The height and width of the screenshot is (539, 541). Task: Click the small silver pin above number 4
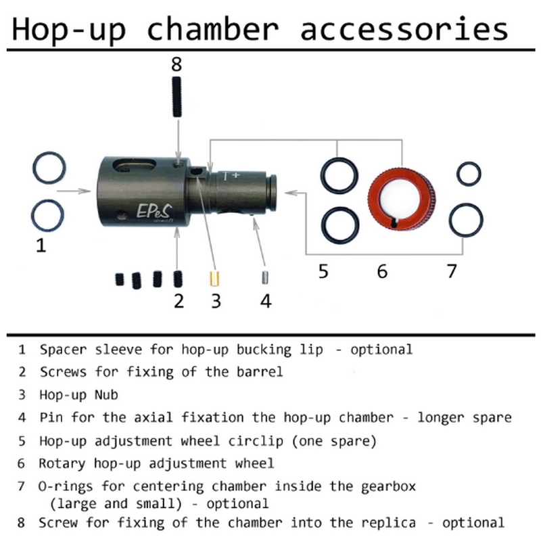(x=265, y=277)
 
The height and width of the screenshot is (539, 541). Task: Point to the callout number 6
(x=383, y=271)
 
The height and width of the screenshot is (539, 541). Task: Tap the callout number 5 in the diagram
(x=323, y=271)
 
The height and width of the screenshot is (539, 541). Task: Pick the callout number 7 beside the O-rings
(x=452, y=271)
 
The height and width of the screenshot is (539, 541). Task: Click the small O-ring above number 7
(x=469, y=174)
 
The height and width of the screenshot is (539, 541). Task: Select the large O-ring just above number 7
(x=467, y=218)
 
